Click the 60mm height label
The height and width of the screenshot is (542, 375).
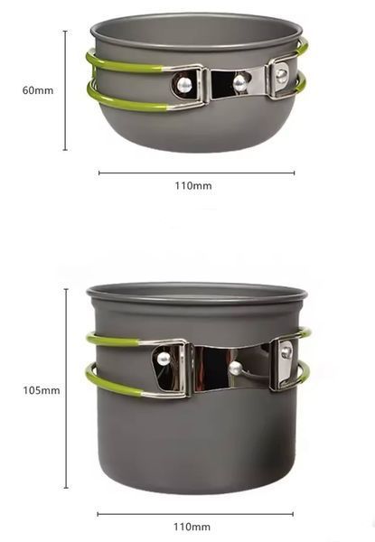(38, 90)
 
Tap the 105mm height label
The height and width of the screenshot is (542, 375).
(42, 390)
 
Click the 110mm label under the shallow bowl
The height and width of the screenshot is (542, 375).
(193, 185)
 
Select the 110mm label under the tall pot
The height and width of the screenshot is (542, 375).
(192, 528)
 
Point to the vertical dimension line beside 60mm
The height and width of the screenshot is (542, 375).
(65, 90)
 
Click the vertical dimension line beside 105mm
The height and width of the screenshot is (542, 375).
(66, 388)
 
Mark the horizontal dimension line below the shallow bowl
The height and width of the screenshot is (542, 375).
(197, 173)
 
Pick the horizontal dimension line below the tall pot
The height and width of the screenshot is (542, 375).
(195, 514)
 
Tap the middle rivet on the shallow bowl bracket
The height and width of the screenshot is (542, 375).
(239, 83)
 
